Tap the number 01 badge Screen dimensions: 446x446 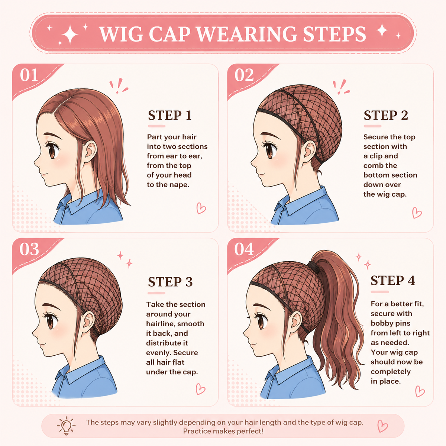(29, 75)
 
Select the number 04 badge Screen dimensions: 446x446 (244, 249)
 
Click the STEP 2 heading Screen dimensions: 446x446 (386, 115)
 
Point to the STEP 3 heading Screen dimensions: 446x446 (170, 282)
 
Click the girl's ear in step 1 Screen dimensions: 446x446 (90, 151)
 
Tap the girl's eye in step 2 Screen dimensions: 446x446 (269, 151)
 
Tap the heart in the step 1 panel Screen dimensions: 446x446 (201, 208)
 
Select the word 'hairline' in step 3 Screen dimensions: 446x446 (159, 324)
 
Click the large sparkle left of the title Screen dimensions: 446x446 (70, 34)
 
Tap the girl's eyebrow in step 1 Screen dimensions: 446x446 (53, 135)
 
